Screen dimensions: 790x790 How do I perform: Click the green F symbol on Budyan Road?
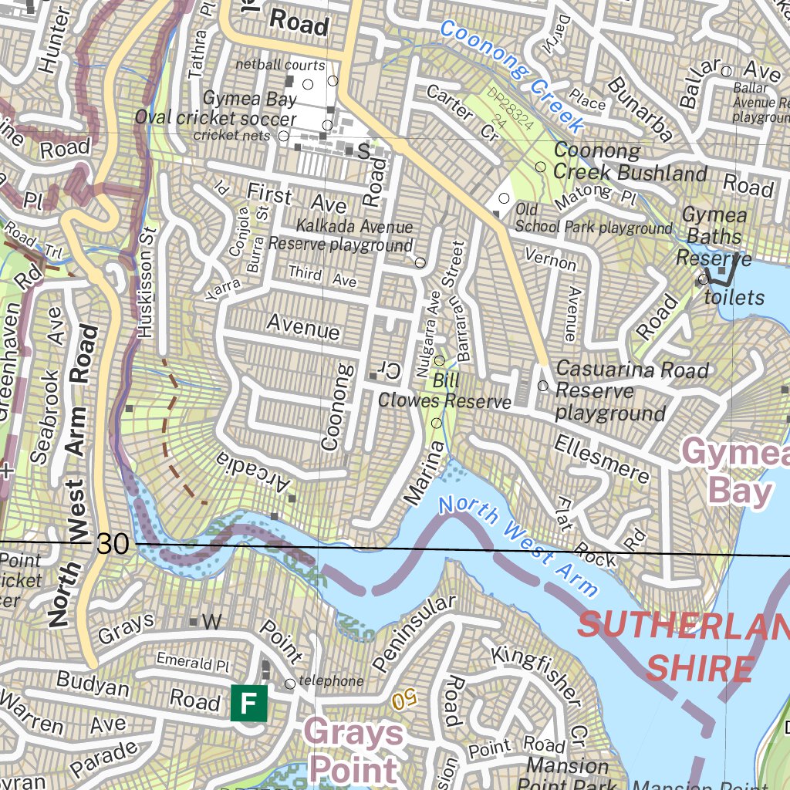[248, 703]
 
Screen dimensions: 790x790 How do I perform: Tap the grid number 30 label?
[113, 544]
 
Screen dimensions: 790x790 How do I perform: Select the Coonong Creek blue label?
[511, 76]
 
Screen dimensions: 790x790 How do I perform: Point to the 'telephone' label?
[331, 681]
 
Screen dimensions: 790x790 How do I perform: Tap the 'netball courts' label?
[280, 66]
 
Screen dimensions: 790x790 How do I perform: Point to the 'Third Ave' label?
[322, 276]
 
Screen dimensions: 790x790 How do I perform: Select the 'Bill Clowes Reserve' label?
[444, 391]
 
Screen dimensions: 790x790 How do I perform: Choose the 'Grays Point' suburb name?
[354, 750]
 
